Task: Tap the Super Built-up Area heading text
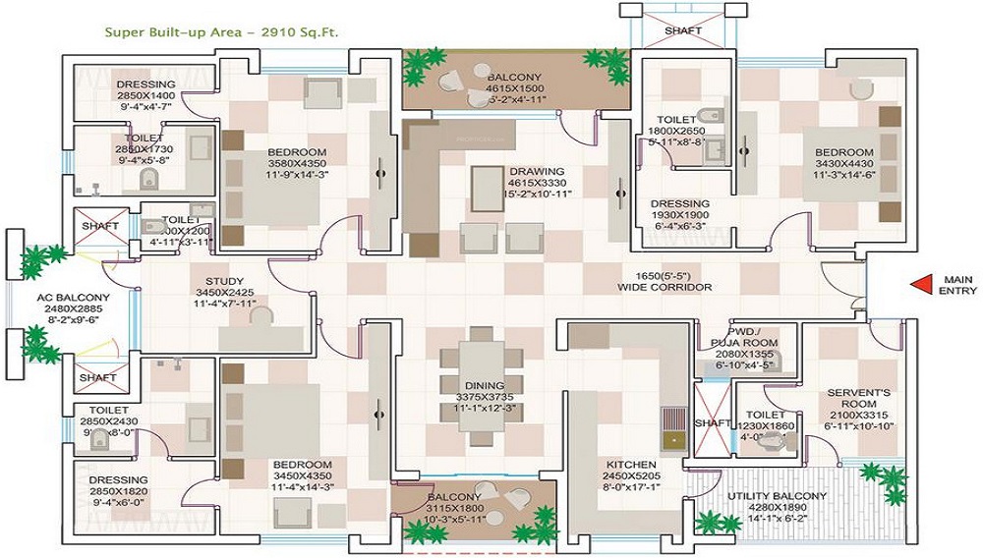click(x=222, y=31)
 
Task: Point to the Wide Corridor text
click(x=665, y=282)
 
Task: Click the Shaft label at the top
click(x=682, y=30)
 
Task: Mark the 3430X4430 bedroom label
click(x=843, y=164)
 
